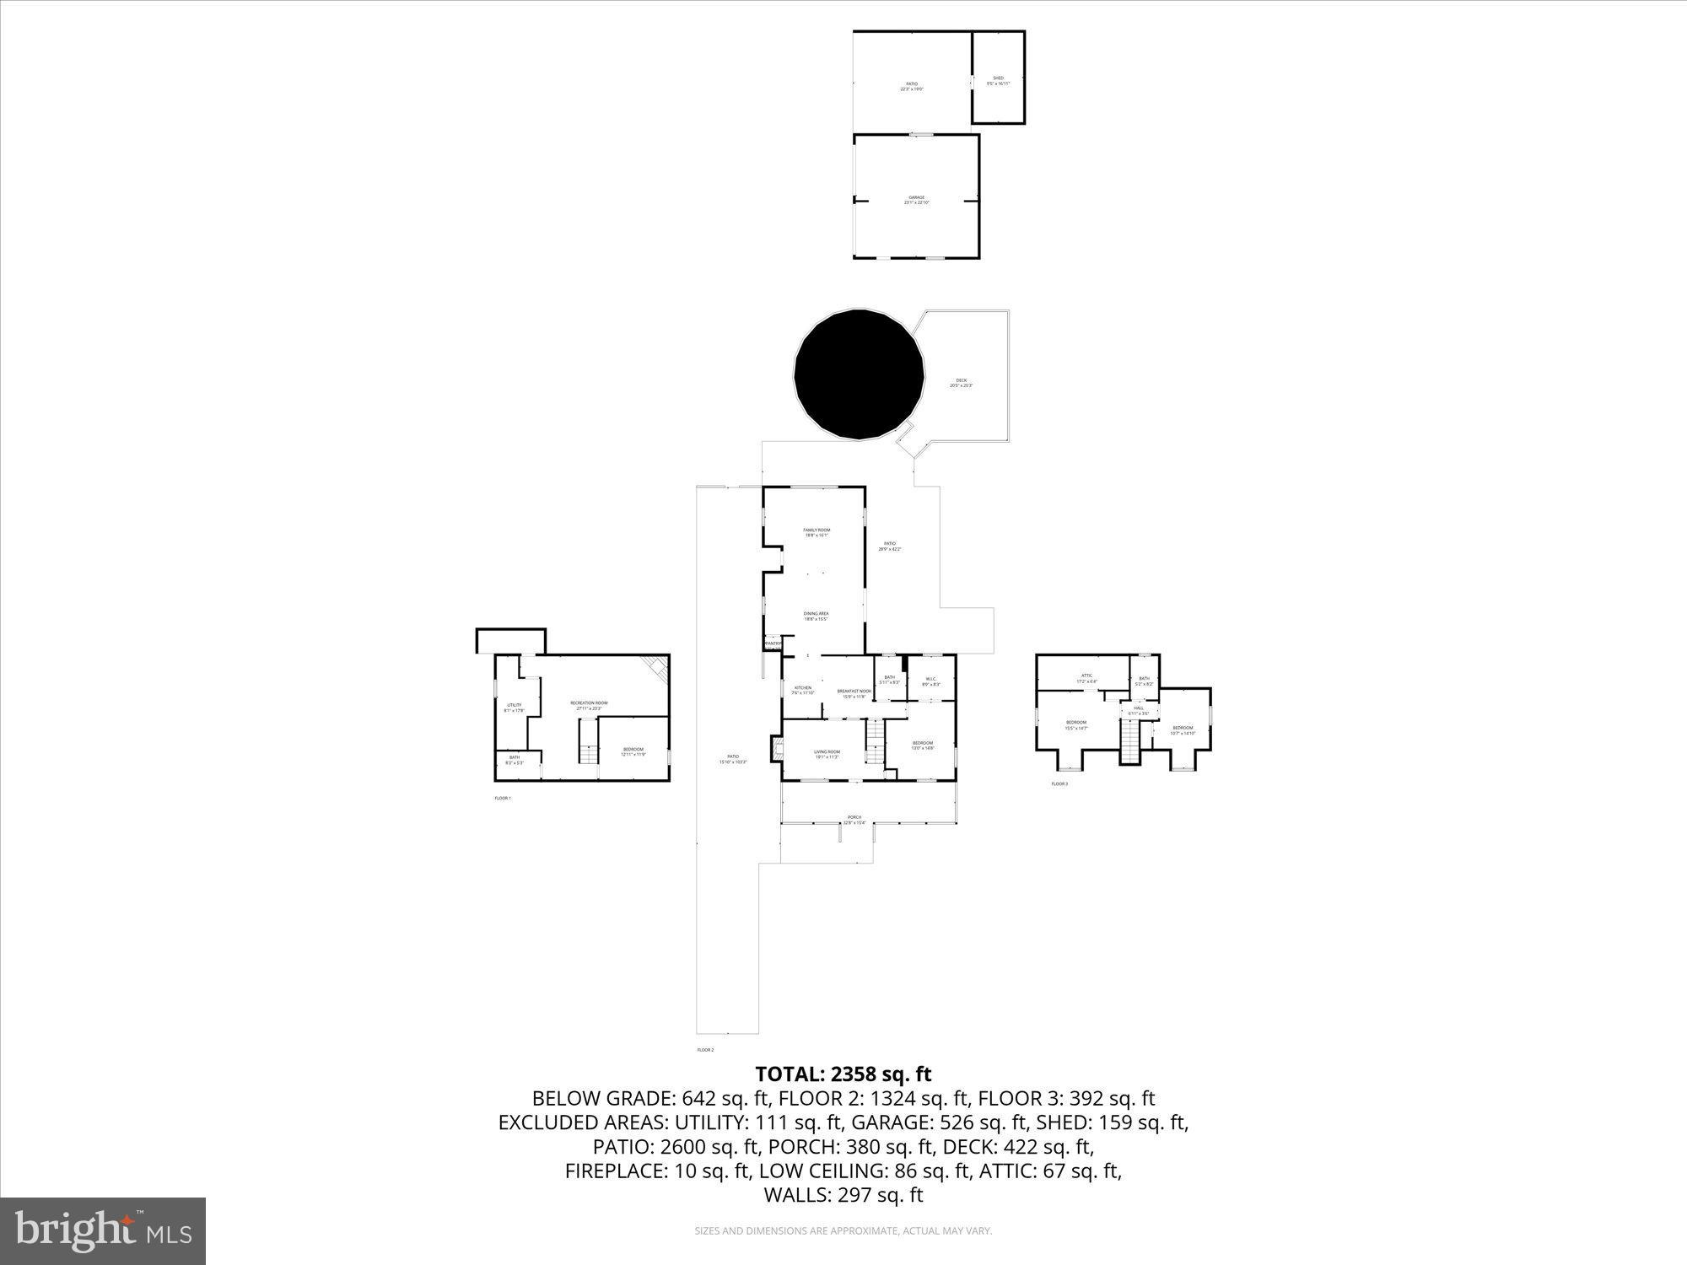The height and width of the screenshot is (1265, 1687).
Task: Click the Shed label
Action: pyautogui.click(x=998, y=81)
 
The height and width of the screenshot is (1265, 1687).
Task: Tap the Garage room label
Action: pyautogui.click(x=916, y=200)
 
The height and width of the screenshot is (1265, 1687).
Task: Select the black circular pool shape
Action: pyautogui.click(x=860, y=374)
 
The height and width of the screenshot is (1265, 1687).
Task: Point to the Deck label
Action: pyautogui.click(x=962, y=383)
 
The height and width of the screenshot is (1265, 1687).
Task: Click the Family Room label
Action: pyautogui.click(x=817, y=532)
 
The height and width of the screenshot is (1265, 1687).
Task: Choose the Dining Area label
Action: pyautogui.click(x=816, y=616)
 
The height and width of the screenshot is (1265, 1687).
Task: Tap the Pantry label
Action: pyautogui.click(x=773, y=643)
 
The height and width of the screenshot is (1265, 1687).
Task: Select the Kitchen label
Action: pyautogui.click(x=803, y=690)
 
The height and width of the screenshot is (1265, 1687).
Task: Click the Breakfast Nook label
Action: pyautogui.click(x=854, y=693)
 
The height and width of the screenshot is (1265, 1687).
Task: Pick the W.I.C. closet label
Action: pyautogui.click(x=931, y=681)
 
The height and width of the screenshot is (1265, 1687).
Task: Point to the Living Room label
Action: pyautogui.click(x=827, y=754)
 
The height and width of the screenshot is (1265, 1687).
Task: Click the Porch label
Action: pyautogui.click(x=854, y=819)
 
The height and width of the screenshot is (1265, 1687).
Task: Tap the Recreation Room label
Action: pyautogui.click(x=589, y=705)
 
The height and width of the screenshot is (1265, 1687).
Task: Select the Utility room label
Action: pyautogui.click(x=514, y=708)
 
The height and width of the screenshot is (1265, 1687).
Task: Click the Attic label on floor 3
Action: pyautogui.click(x=1087, y=677)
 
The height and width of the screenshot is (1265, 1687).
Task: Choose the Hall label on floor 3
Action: pyautogui.click(x=1139, y=710)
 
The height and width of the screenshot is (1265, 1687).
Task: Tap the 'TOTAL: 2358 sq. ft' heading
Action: pyautogui.click(x=843, y=1074)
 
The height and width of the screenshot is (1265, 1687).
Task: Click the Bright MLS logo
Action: pyautogui.click(x=103, y=1230)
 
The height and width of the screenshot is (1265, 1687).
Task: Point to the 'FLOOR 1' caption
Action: pyautogui.click(x=503, y=798)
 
